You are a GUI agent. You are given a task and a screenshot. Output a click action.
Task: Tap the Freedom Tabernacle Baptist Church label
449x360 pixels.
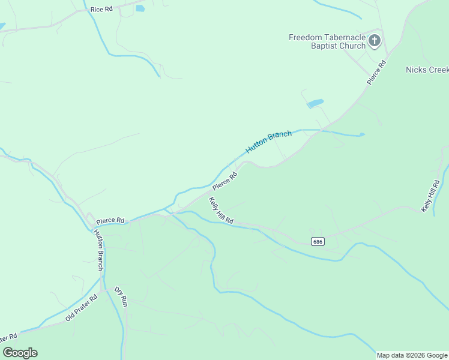(x=327, y=41)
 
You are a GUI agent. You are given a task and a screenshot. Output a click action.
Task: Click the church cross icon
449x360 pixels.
(x=375, y=41)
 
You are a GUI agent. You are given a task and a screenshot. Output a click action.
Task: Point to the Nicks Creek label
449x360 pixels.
(x=427, y=70)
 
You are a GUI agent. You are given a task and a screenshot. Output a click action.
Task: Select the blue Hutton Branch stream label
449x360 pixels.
(x=268, y=142)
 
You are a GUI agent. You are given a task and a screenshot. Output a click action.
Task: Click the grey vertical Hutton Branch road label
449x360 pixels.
(x=100, y=250)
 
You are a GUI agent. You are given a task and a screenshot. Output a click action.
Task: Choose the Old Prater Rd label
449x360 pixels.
(x=81, y=308)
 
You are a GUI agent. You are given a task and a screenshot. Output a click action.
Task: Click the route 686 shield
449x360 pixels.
(x=318, y=241)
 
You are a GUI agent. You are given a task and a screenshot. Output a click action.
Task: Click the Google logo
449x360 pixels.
(x=20, y=353)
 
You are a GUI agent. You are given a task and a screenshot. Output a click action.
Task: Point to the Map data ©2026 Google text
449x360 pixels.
(x=412, y=355)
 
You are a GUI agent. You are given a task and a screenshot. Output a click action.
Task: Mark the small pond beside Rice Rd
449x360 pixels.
(x=140, y=8)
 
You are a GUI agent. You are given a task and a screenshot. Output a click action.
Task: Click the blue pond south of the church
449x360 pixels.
(x=315, y=104)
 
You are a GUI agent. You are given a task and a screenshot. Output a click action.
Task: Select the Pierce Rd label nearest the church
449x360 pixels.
(x=376, y=72)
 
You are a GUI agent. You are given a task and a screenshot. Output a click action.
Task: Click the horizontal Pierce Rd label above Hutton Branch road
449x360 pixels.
(x=110, y=220)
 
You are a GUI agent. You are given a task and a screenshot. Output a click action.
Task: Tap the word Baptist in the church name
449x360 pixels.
(x=328, y=46)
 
